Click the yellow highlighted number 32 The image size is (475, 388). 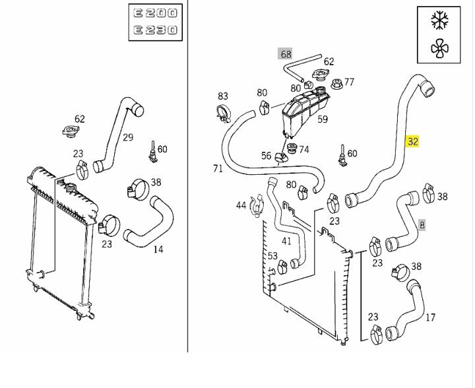click(x=412, y=141)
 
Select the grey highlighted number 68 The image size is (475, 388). click(x=286, y=54)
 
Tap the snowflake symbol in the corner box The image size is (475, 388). click(x=439, y=20)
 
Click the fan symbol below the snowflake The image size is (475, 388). click(x=439, y=48)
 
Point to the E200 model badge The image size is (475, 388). click(x=156, y=13)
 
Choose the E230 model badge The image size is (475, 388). click(x=156, y=30)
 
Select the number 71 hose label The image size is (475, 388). click(x=218, y=168)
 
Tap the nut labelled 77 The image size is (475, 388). click(x=336, y=84)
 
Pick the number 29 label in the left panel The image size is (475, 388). click(x=128, y=137)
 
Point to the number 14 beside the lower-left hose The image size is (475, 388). click(x=158, y=249)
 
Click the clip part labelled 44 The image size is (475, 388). click(x=256, y=206)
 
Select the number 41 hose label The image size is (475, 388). click(x=286, y=241)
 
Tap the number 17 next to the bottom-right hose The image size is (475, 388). click(x=430, y=317)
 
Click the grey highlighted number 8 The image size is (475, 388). click(x=422, y=225)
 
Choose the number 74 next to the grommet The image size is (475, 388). click(x=304, y=150)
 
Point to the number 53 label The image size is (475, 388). click(x=272, y=256)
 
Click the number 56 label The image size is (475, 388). click(x=266, y=156)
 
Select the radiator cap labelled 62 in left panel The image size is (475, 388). click(x=71, y=131)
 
